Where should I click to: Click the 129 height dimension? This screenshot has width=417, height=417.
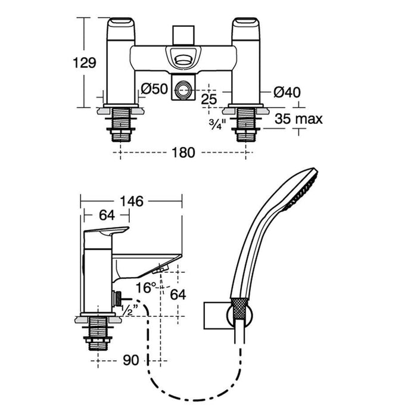click(83, 63)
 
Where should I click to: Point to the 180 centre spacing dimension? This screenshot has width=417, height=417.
click(183, 152)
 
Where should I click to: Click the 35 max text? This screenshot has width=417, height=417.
click(300, 119)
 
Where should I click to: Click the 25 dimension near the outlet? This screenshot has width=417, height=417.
click(208, 99)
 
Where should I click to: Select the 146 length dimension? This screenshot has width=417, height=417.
click(130, 201)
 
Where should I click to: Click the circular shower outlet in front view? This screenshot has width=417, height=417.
click(182, 92)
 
